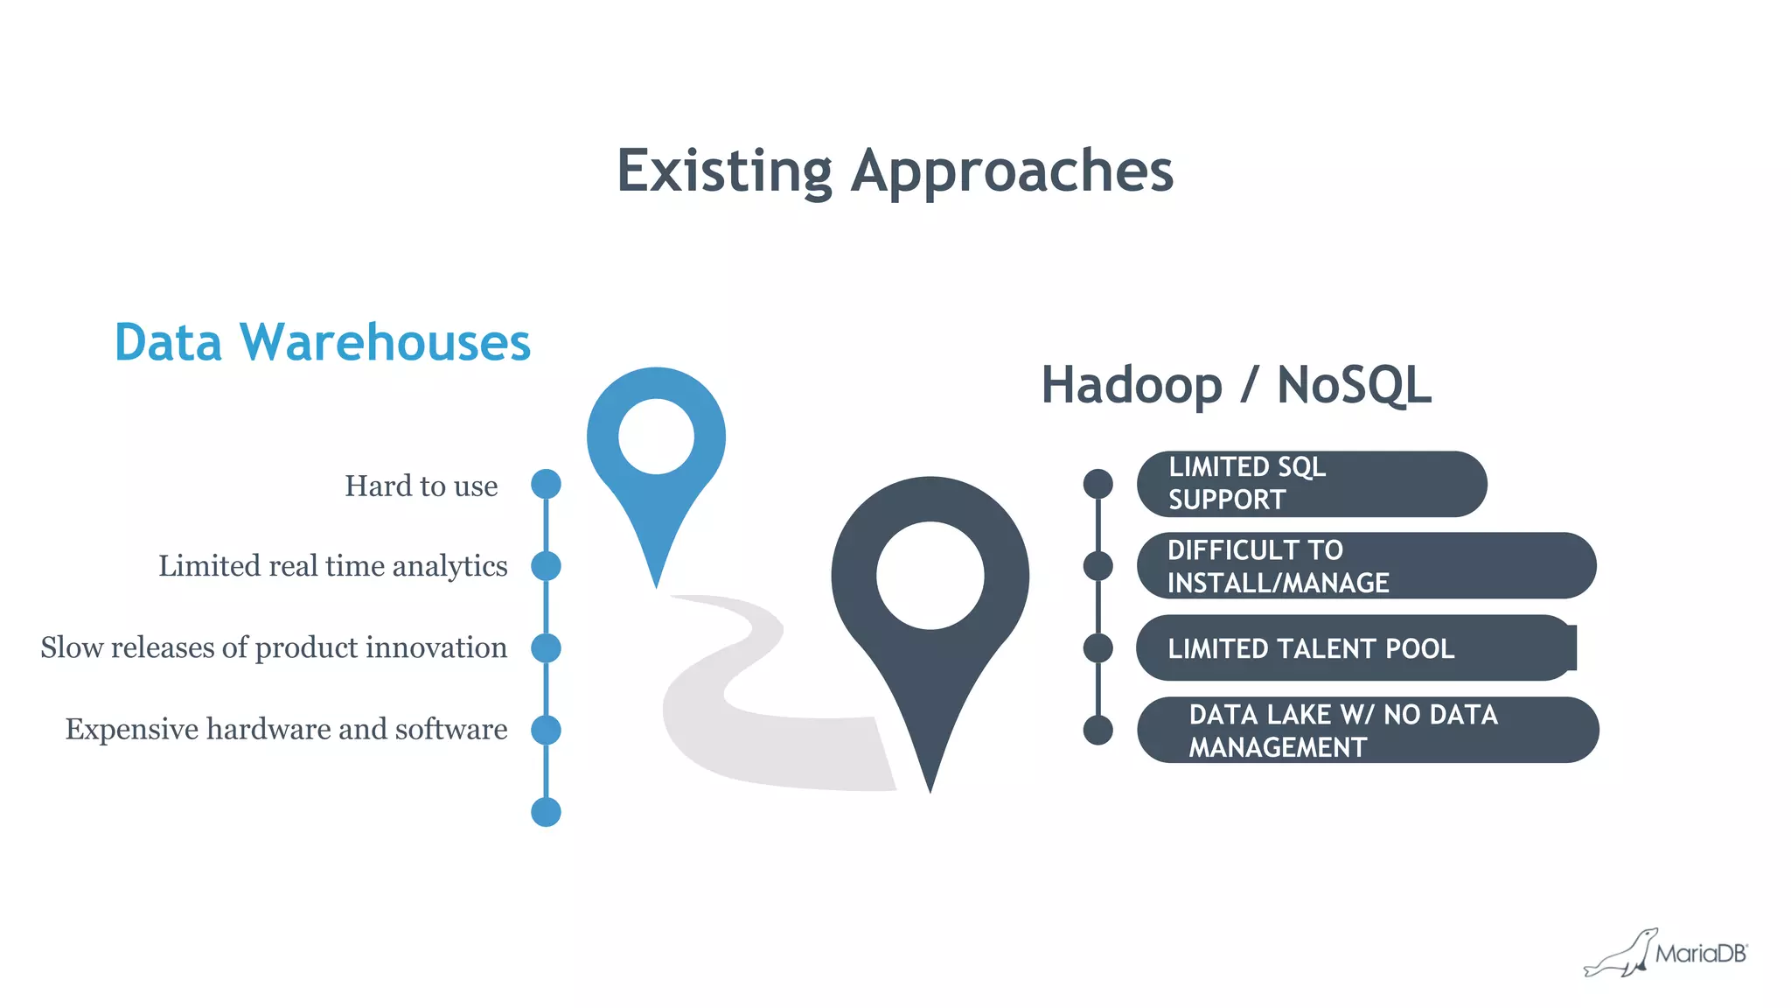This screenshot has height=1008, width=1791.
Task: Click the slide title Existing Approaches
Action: pyautogui.click(x=895, y=171)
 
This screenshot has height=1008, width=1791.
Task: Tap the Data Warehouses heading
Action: pyautogui.click(x=322, y=342)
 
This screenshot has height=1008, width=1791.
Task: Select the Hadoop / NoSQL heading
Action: pyautogui.click(x=1236, y=385)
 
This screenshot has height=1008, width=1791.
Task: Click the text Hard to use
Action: pyautogui.click(x=421, y=486)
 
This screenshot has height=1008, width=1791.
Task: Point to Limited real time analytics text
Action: pyautogui.click(x=332, y=566)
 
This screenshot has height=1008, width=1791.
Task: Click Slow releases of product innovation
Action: pyautogui.click(x=274, y=647)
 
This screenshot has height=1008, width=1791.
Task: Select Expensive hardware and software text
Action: pyautogui.click(x=286, y=729)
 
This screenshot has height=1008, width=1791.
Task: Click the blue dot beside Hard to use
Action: pyautogui.click(x=546, y=484)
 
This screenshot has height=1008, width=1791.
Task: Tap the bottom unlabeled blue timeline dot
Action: pyautogui.click(x=546, y=812)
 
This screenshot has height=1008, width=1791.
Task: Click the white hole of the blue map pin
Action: pyautogui.click(x=656, y=437)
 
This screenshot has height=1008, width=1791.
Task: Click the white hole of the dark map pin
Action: pyautogui.click(x=930, y=576)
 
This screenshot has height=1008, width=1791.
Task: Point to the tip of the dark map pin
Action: pyautogui.click(x=930, y=787)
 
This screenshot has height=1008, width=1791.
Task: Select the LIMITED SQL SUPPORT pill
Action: pyautogui.click(x=1311, y=484)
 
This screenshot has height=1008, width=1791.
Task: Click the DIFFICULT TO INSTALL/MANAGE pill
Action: pyautogui.click(x=1365, y=566)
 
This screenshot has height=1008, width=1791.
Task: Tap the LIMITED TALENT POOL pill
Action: pyautogui.click(x=1355, y=648)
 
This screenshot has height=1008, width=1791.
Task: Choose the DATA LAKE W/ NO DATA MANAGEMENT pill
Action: pyautogui.click(x=1367, y=730)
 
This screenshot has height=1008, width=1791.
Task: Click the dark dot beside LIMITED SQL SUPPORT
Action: pyautogui.click(x=1098, y=484)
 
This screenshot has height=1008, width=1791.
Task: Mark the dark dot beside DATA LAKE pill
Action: pyautogui.click(x=1098, y=730)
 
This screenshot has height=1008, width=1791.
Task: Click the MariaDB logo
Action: pyautogui.click(x=1666, y=953)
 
